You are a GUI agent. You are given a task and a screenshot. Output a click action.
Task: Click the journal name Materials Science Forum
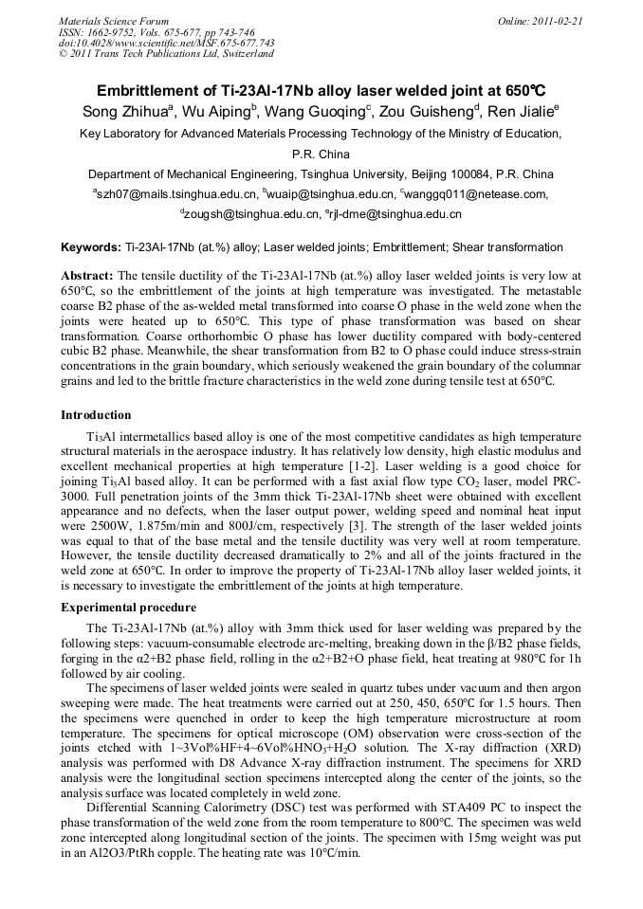coord(114,21)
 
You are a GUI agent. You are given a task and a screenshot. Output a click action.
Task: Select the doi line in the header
coord(167,43)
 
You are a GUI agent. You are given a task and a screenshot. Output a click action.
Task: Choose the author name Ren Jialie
coord(520,112)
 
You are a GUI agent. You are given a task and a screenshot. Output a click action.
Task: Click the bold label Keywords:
coord(91,246)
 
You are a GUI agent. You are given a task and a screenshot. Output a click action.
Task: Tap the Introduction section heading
coord(96,415)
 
